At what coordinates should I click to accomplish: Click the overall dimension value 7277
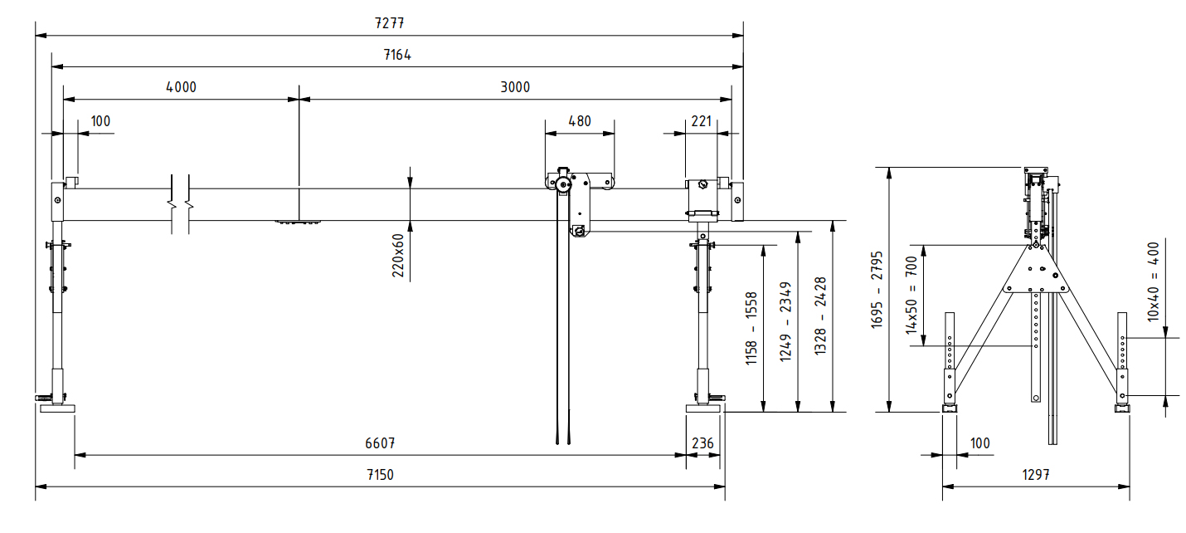(x=389, y=23)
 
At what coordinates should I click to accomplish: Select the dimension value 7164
(x=397, y=56)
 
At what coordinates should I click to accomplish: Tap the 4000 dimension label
(x=181, y=87)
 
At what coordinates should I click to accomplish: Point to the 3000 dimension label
(x=515, y=87)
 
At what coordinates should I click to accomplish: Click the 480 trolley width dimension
(x=579, y=121)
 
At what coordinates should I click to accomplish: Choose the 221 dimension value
(x=701, y=121)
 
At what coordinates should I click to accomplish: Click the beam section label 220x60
(x=398, y=254)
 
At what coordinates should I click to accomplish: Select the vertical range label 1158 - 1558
(x=751, y=328)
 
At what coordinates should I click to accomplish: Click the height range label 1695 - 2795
(x=877, y=288)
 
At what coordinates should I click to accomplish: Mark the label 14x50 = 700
(x=911, y=294)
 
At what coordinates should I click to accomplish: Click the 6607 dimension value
(x=380, y=443)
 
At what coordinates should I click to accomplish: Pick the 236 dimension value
(x=702, y=443)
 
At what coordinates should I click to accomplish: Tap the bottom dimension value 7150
(x=380, y=476)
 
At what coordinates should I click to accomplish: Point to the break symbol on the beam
(x=181, y=204)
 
